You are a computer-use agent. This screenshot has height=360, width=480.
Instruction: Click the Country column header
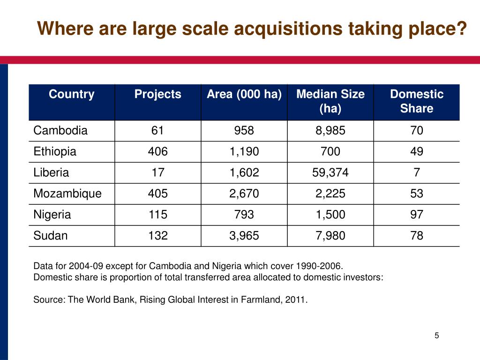tap(71, 94)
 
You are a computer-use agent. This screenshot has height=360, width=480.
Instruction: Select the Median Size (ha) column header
tap(330, 101)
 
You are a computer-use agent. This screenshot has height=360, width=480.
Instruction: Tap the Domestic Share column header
tap(416, 101)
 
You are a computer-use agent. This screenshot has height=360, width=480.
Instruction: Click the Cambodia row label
tap(60, 131)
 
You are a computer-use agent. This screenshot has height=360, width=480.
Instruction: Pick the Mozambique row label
tap(67, 194)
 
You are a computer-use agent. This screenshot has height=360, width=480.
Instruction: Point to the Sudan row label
tap(51, 236)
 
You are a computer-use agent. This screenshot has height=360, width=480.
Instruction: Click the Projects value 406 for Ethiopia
tap(157, 152)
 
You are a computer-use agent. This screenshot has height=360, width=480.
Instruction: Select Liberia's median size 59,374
tap(330, 173)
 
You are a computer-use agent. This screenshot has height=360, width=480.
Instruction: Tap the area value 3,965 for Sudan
tap(244, 236)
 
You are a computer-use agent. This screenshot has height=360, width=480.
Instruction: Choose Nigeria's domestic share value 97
tap(416, 215)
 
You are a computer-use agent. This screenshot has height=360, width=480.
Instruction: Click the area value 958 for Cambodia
tap(244, 131)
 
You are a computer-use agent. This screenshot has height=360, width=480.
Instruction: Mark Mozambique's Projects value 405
tap(157, 194)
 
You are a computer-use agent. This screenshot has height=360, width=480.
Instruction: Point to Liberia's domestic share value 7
tap(416, 173)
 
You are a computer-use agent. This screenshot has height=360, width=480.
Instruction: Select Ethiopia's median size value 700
tap(330, 152)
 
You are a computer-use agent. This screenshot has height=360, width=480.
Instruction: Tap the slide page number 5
tap(436, 335)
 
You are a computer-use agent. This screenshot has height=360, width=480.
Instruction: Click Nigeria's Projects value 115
tap(157, 215)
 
